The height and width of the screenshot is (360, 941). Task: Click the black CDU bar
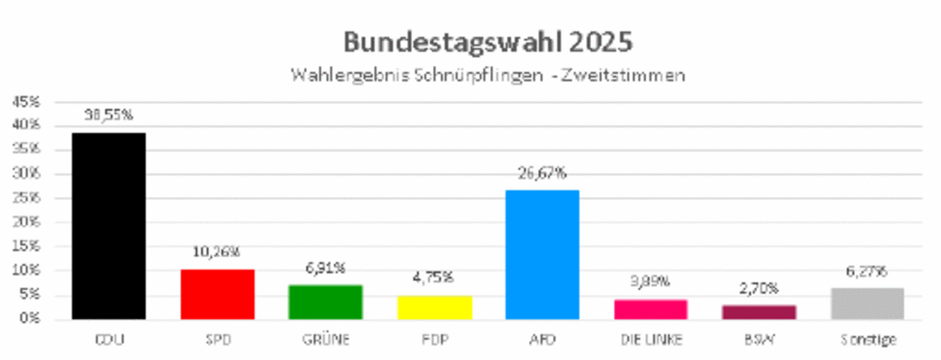(x=108, y=226)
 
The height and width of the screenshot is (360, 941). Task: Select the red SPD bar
(x=217, y=294)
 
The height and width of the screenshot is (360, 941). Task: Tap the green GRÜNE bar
(x=325, y=302)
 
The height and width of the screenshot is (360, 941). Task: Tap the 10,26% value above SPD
(x=217, y=252)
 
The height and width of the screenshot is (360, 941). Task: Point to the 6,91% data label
(x=325, y=268)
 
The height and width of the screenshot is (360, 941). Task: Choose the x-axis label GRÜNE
(x=325, y=340)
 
